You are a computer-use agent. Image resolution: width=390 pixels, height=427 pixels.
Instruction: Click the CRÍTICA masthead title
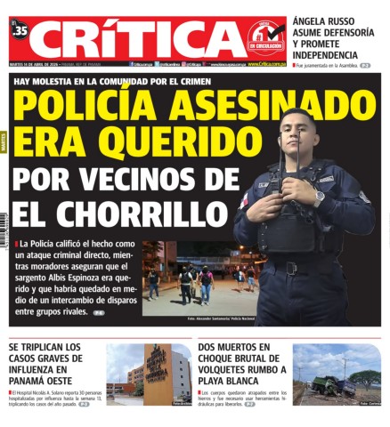point(134,39)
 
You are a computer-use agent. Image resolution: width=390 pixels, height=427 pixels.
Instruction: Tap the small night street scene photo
point(191,281)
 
